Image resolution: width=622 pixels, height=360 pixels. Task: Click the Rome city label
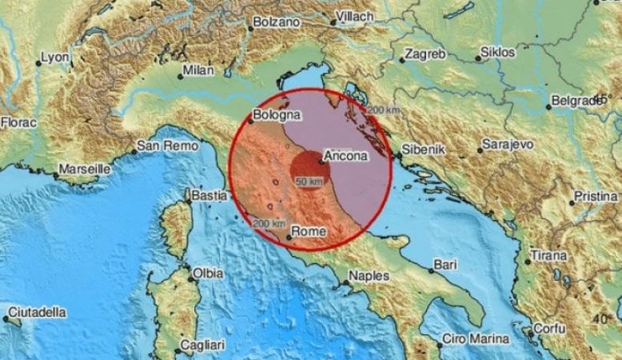[310, 231]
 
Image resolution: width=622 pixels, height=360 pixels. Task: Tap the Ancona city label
[347, 158]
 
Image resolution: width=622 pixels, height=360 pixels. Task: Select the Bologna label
[277, 115]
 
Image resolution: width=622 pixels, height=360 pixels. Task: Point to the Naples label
[369, 276]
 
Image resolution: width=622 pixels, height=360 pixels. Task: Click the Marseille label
[84, 170]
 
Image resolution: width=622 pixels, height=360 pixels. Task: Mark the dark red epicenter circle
[305, 167]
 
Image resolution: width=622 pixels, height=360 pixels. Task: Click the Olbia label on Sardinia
[208, 274]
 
